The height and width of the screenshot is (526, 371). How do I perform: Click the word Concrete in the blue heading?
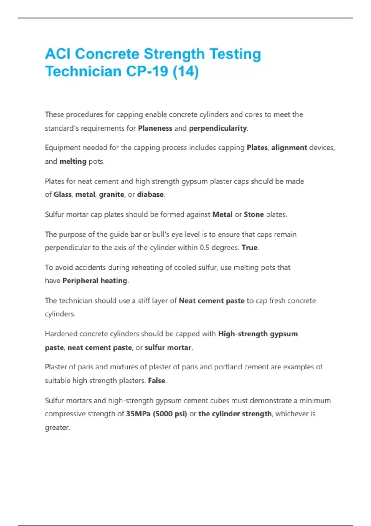point(107,54)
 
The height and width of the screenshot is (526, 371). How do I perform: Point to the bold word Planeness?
point(155,128)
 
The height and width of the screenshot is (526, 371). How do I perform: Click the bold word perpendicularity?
point(218,128)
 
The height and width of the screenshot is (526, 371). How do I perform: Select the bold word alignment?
point(289,148)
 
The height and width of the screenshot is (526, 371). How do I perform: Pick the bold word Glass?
point(62,194)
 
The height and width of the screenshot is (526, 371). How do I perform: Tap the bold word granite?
point(112,194)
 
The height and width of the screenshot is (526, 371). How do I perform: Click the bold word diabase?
point(150,194)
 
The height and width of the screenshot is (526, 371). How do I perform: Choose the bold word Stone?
point(254,214)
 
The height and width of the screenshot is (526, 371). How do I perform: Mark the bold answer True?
point(249,248)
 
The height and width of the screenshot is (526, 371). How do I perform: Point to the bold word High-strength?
point(243,334)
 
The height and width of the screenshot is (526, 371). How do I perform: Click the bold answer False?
point(157,380)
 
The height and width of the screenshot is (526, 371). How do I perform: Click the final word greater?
point(57,428)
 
